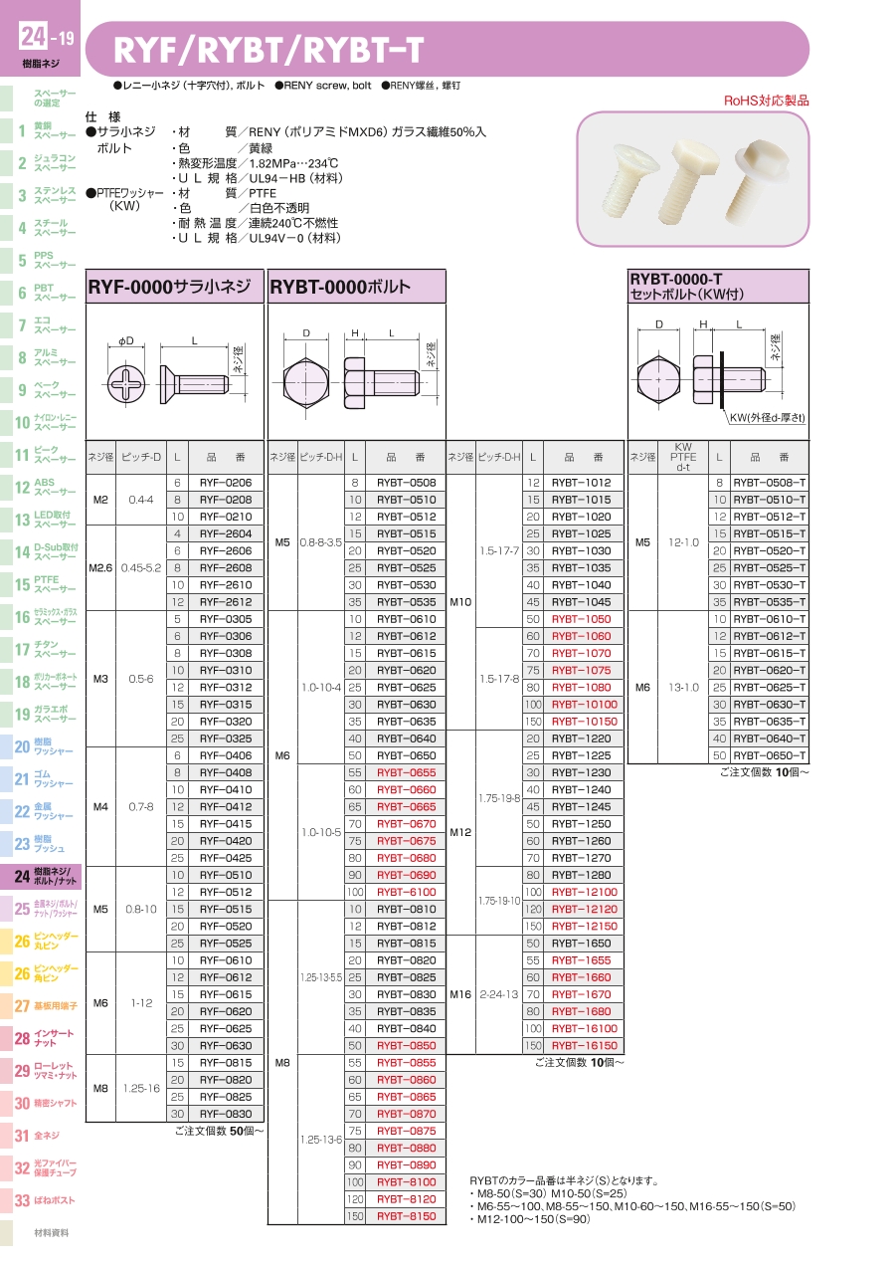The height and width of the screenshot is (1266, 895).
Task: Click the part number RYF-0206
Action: click(226, 483)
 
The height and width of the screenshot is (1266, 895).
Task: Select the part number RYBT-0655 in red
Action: click(407, 772)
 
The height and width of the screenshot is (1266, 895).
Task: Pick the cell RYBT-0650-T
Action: click(770, 755)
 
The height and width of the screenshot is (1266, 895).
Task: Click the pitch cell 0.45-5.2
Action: click(141, 568)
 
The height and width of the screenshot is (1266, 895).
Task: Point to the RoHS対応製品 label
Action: click(767, 102)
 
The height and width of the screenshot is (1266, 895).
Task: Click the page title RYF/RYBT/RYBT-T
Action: click(268, 51)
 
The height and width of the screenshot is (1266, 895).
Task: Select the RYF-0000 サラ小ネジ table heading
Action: click(169, 287)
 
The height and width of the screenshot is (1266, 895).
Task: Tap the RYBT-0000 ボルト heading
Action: click(340, 287)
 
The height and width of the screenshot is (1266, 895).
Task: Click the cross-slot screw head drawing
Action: click(126, 384)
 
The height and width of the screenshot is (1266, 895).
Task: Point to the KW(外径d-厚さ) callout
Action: click(768, 418)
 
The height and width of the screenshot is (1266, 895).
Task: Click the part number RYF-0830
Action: click(226, 1114)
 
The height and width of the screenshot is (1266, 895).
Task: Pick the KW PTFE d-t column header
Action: click(683, 457)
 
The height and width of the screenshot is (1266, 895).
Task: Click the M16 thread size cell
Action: click(460, 994)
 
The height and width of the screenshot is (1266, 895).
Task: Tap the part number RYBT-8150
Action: click(407, 1216)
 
